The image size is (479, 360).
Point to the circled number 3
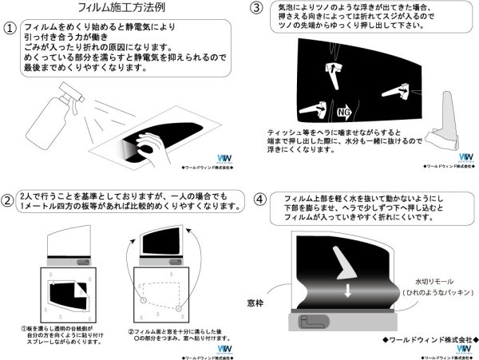click(x=256, y=10)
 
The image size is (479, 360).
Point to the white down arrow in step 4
click(x=346, y=293)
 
